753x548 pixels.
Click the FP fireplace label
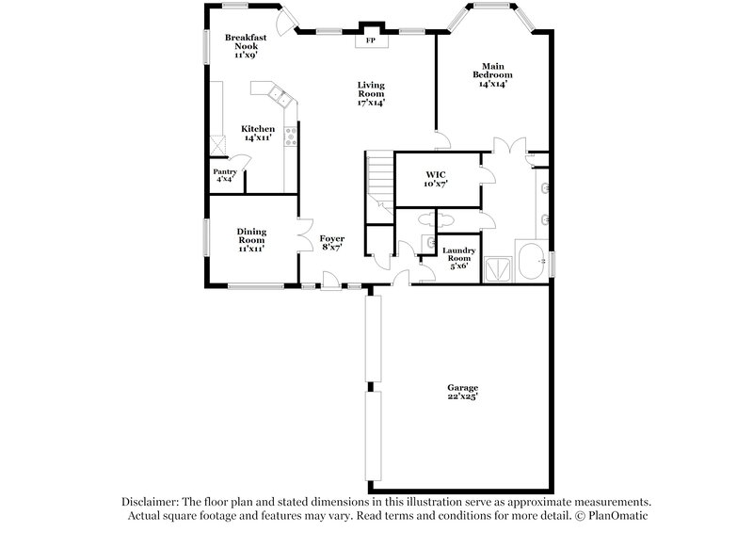point(370,41)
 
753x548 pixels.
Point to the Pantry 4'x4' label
point(225,175)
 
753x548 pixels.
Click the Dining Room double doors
point(303,235)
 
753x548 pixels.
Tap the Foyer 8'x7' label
point(331,243)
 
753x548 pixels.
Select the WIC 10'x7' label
point(435,179)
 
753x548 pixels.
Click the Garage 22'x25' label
point(462,393)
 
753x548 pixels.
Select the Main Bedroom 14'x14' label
point(493,79)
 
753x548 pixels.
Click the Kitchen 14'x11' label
point(258,133)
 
